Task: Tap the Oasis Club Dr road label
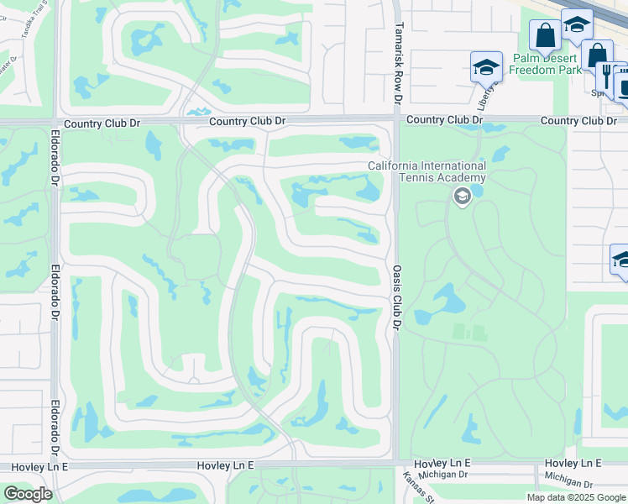point(398,297)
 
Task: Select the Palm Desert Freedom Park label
point(547,64)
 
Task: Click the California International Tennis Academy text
point(427,171)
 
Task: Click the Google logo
point(27,493)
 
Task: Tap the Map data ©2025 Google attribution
point(576,497)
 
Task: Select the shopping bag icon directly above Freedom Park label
point(545,36)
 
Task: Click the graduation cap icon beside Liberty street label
point(486,66)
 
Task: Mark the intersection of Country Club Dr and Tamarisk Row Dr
point(396,121)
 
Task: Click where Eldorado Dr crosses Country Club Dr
point(55,123)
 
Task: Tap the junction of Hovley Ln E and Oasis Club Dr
point(396,463)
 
